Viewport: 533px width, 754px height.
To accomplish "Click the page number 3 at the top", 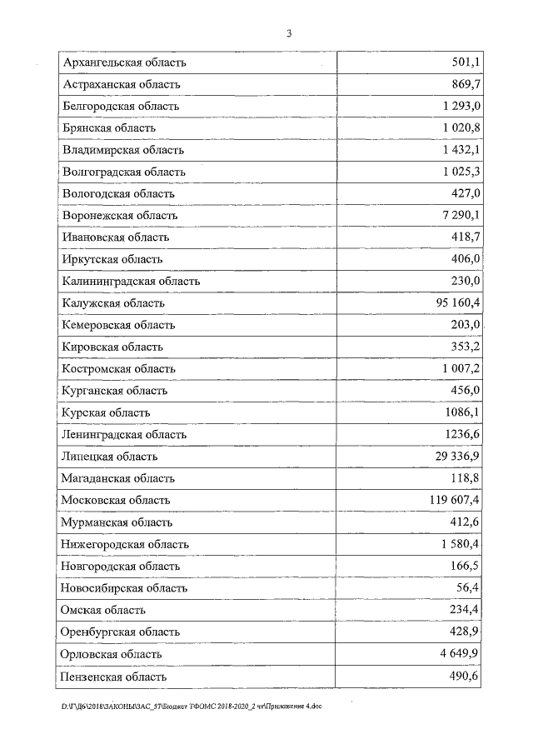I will coord(289,34).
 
